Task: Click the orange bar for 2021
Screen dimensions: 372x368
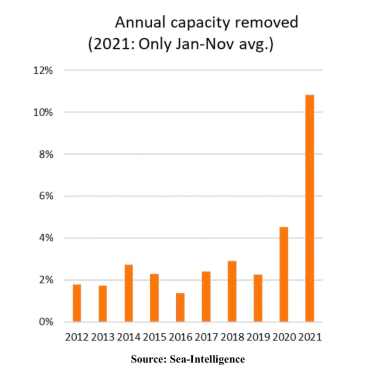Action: point(310,208)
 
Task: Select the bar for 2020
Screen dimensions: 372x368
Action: point(284,274)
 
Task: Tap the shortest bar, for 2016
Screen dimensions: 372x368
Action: point(180,307)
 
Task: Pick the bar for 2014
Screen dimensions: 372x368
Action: point(129,293)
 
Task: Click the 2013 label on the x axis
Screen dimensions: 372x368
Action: point(102,338)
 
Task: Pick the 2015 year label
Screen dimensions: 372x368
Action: point(154,338)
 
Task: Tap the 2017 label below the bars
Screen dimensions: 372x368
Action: point(206,338)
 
